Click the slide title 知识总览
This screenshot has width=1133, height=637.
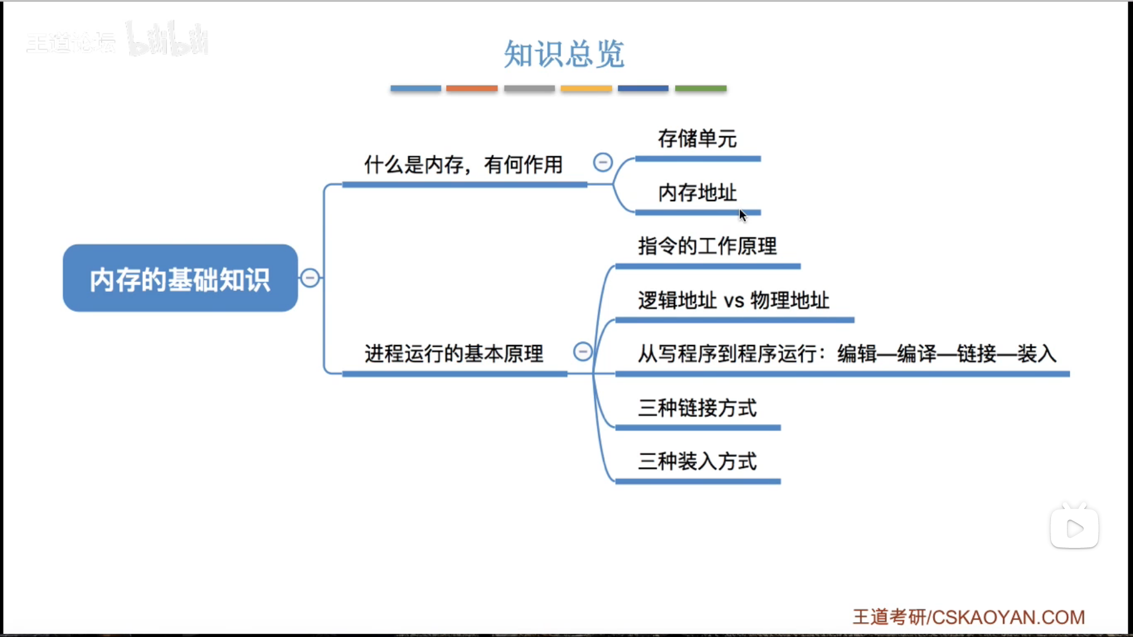click(564, 54)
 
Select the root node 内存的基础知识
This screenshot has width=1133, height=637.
click(180, 278)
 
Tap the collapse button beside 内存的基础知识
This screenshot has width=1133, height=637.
click(310, 278)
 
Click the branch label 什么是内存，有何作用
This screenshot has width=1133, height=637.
click(463, 165)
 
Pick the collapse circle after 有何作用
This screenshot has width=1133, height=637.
click(602, 162)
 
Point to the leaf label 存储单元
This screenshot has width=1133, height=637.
click(697, 139)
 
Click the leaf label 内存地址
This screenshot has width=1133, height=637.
click(697, 193)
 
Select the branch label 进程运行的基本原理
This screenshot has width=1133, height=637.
click(454, 353)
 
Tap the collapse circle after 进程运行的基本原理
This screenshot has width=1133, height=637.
click(582, 352)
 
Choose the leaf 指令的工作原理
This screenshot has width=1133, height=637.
click(707, 246)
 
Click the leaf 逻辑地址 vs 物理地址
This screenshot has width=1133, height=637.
click(733, 300)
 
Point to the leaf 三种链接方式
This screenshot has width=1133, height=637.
click(697, 408)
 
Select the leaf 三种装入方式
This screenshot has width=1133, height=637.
click(697, 461)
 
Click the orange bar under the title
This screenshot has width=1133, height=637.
click(471, 88)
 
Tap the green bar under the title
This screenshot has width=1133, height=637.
click(700, 88)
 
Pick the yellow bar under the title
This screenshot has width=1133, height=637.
click(586, 88)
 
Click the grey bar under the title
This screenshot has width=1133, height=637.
click(529, 88)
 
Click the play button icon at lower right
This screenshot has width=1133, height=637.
click(1075, 528)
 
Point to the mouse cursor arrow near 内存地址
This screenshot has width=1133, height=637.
click(742, 215)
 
